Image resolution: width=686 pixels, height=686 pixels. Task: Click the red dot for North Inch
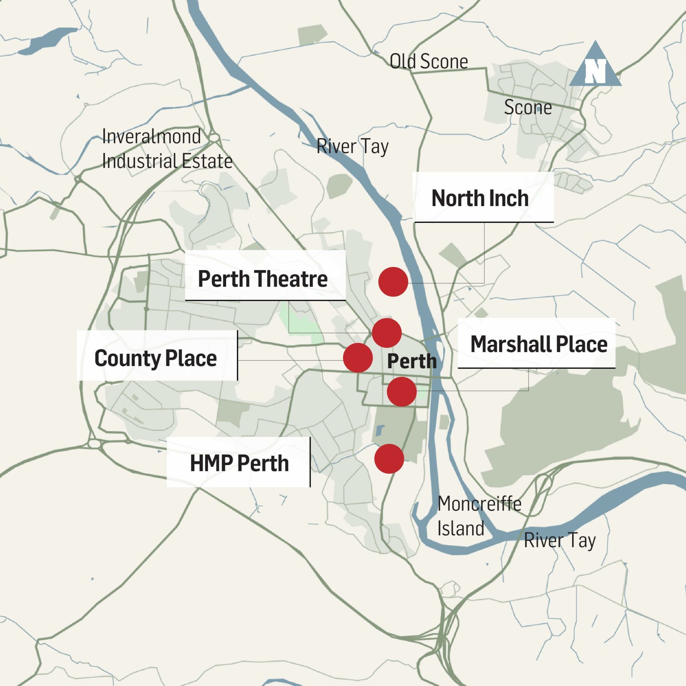(393, 282)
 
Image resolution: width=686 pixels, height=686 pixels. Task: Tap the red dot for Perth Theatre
(387, 333)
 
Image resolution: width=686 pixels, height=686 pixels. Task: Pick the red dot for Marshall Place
(402, 392)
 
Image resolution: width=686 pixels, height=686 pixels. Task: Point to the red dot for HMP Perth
(389, 459)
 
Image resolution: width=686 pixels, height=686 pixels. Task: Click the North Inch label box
(484, 197)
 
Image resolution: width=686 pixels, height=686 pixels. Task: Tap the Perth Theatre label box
(265, 276)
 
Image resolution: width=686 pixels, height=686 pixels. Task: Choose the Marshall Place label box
(536, 343)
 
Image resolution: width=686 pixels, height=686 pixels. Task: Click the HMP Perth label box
(238, 462)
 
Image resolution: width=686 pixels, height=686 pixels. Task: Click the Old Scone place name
(428, 61)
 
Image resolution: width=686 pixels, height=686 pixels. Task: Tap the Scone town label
(528, 107)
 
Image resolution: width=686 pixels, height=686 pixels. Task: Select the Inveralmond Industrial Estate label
(167, 149)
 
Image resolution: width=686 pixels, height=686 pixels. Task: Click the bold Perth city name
(412, 361)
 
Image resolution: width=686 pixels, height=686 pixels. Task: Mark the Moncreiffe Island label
(479, 516)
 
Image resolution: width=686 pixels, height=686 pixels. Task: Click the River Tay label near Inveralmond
(352, 146)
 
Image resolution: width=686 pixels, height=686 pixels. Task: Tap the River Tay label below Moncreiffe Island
(560, 540)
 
